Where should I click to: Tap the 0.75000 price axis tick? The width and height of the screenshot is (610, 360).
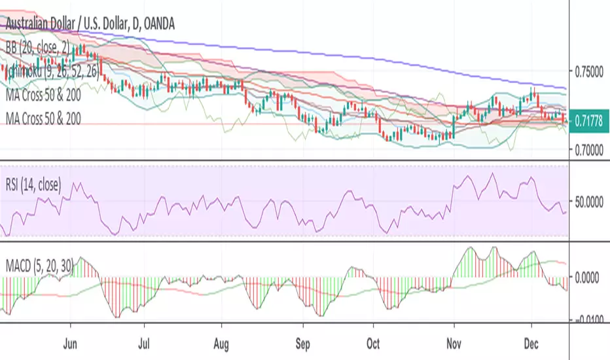(x=590, y=72)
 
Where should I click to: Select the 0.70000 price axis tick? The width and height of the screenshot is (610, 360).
(x=590, y=151)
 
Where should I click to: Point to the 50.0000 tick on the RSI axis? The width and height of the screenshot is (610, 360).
(x=591, y=204)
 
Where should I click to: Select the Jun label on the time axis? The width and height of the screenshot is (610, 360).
(x=72, y=342)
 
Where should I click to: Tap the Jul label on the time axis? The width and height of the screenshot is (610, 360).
(x=145, y=342)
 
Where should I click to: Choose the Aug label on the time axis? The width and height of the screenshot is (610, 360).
(x=223, y=342)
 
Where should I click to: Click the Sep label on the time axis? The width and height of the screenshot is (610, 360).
(x=302, y=342)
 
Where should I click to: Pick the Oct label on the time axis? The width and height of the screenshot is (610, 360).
(x=372, y=342)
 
